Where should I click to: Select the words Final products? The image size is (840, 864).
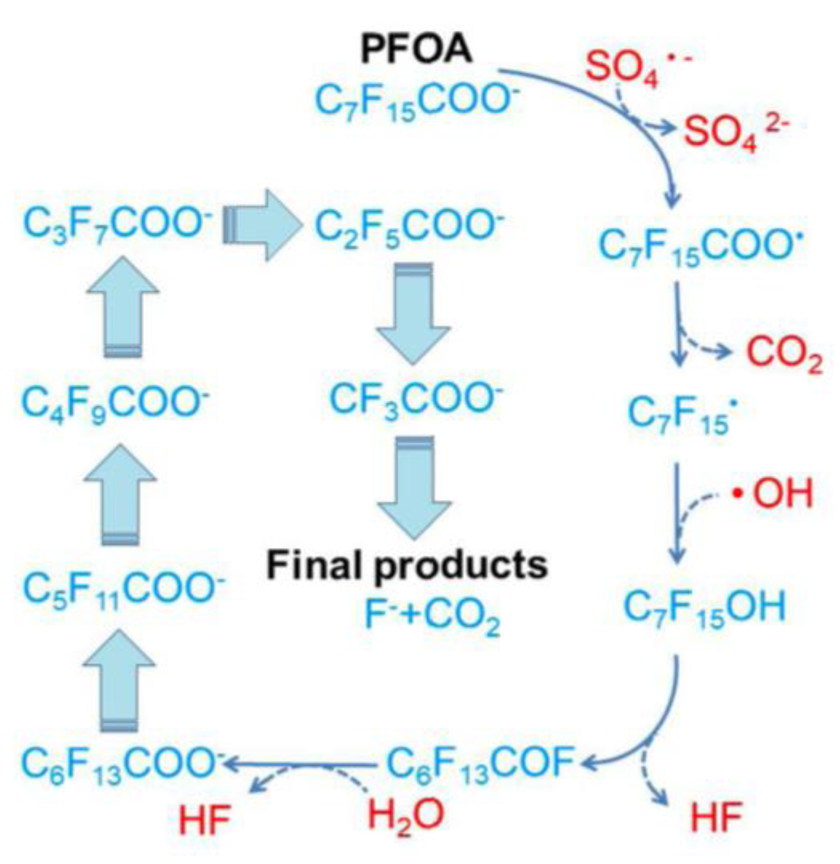tap(407, 566)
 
